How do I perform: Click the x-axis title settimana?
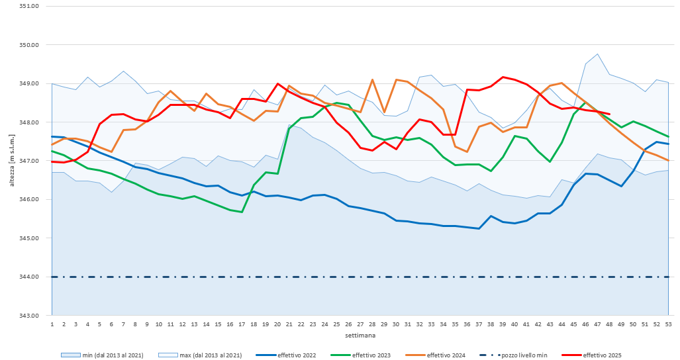pyautogui.click(x=360, y=336)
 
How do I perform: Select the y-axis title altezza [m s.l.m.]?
pyautogui.click(x=12, y=161)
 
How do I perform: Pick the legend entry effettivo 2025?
pyautogui.click(x=599, y=355)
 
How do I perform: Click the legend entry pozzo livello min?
pyautogui.click(x=523, y=355)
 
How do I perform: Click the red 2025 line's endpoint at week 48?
pyautogui.click(x=609, y=114)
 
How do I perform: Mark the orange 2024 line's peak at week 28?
pyautogui.click(x=372, y=80)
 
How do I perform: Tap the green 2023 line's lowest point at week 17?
pyautogui.click(x=242, y=212)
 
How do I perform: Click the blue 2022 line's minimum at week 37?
pyautogui.click(x=479, y=228)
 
